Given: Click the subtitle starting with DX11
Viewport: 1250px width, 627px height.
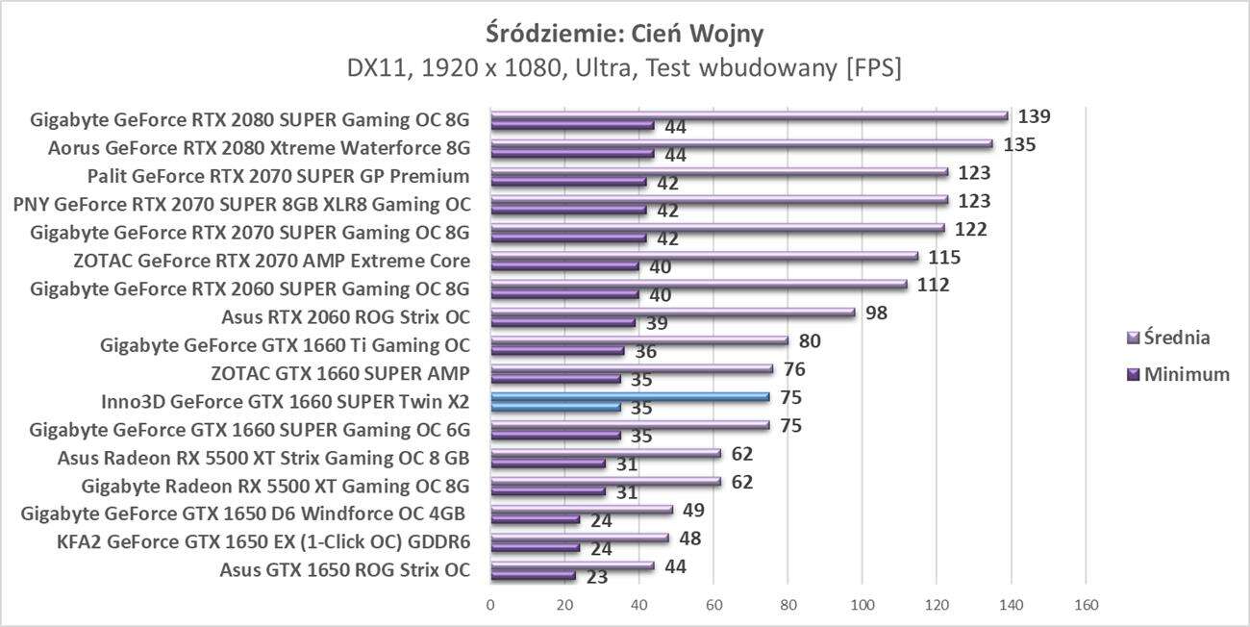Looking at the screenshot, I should click(x=625, y=69).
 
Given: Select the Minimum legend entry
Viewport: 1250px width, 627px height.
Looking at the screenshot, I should click(x=1178, y=375).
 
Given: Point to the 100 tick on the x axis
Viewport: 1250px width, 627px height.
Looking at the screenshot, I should click(x=862, y=605).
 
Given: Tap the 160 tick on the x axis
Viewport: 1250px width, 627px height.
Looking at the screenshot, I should click(x=1086, y=605).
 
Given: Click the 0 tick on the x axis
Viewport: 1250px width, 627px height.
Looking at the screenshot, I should click(x=491, y=605).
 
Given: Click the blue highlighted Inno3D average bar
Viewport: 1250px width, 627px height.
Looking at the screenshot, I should click(x=630, y=396).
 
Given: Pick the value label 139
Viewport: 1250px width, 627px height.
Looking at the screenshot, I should click(x=1035, y=116).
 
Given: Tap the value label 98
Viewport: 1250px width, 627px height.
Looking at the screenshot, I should click(x=877, y=313).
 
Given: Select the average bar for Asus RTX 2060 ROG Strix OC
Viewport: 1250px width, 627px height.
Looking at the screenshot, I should click(x=673, y=313).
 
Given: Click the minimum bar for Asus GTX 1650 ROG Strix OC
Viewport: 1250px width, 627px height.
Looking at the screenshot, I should click(x=534, y=576).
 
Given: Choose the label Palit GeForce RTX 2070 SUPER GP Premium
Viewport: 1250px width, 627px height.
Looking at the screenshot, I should click(x=278, y=176).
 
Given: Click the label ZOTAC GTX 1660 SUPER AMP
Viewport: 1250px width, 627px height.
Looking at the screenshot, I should click(x=340, y=373).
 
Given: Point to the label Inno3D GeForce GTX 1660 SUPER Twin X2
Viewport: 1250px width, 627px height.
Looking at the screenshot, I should click(x=285, y=401).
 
